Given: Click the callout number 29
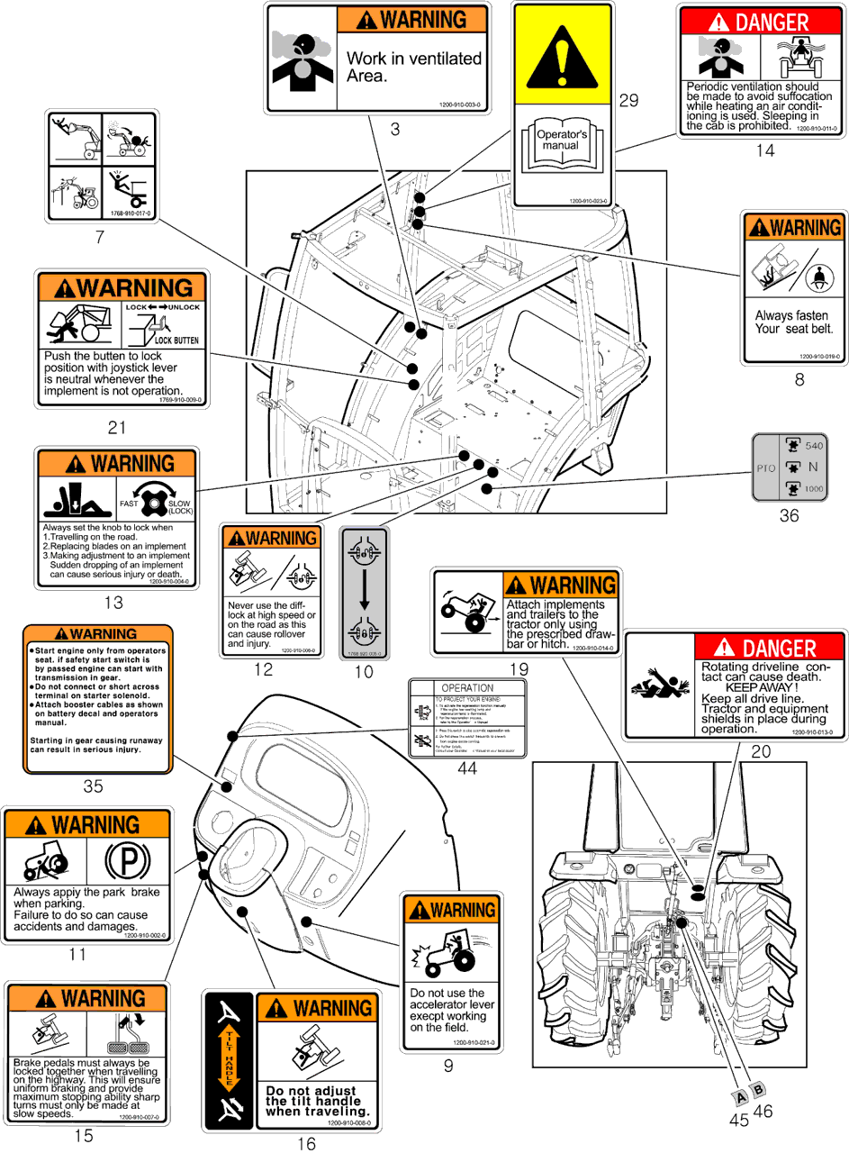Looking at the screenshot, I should pyautogui.click(x=628, y=100).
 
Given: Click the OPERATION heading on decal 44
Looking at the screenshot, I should pyautogui.click(x=467, y=686).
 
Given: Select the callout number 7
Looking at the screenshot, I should pyautogui.click(x=100, y=238).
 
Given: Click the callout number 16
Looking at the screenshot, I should pyautogui.click(x=306, y=1144).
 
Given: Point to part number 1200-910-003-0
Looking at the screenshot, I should pyautogui.click(x=460, y=104).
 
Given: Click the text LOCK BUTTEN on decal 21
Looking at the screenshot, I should pyautogui.click(x=176, y=341).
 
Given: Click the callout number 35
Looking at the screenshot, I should pyautogui.click(x=93, y=785).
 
